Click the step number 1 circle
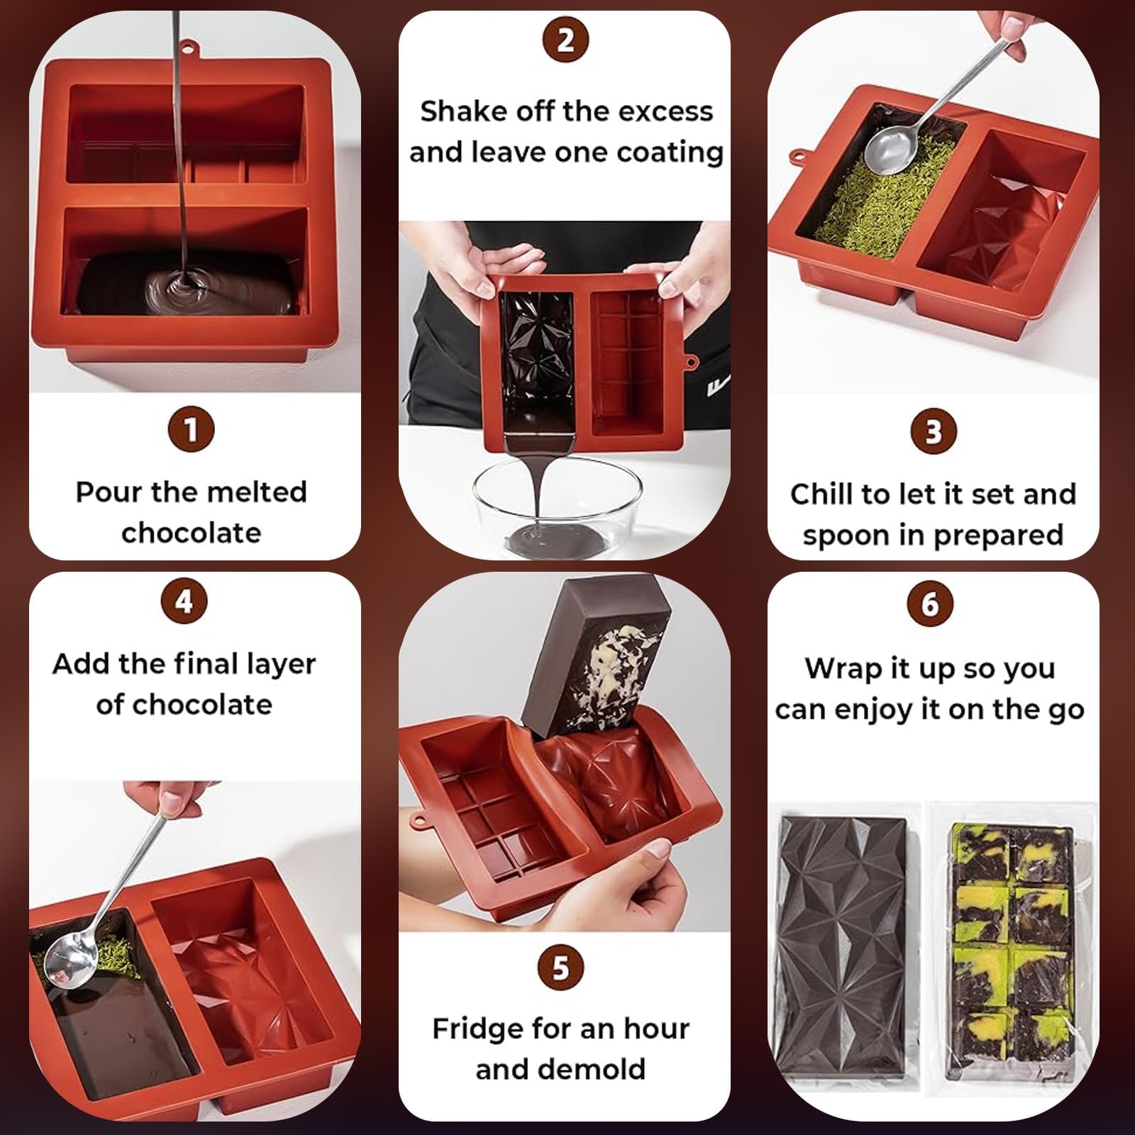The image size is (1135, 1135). click(191, 430)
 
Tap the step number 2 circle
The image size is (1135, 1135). click(565, 40)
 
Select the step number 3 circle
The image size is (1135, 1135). click(933, 431)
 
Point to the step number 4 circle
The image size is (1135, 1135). click(184, 602)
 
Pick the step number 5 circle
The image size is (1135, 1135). click(560, 968)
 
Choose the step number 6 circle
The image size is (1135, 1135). click(930, 604)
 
